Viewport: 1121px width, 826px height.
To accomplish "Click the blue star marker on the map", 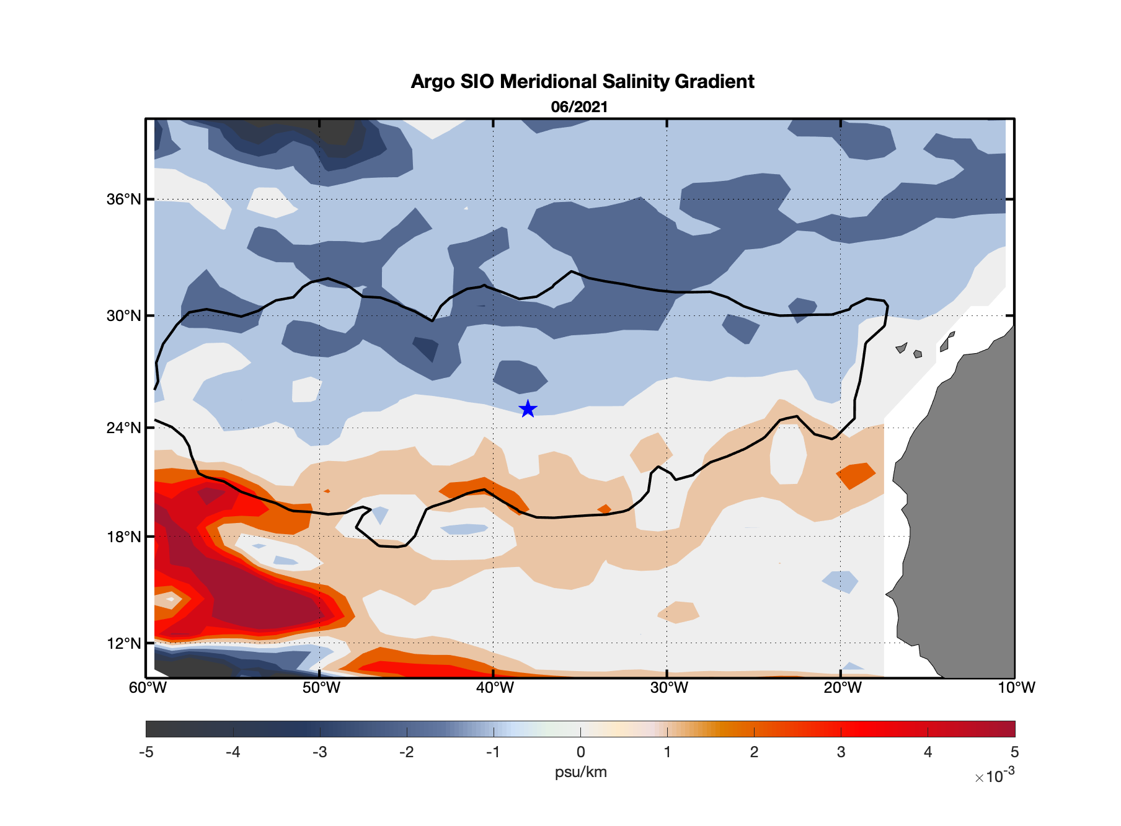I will click(x=528, y=409).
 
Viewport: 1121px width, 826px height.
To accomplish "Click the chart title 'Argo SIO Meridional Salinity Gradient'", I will click(x=582, y=82).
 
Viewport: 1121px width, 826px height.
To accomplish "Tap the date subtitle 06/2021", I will click(x=579, y=107).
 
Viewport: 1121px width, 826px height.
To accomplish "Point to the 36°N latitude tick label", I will click(x=124, y=200).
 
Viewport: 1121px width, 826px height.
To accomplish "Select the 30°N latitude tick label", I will click(x=124, y=316).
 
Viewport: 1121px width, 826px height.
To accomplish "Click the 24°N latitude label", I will click(x=124, y=428).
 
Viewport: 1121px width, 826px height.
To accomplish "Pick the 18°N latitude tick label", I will click(x=124, y=537).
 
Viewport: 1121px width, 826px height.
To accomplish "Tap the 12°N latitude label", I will click(x=124, y=643).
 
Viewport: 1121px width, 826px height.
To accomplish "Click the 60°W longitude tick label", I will click(x=148, y=688).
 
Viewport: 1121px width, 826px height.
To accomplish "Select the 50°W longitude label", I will click(x=321, y=688).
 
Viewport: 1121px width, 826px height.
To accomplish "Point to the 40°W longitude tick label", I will click(x=495, y=688).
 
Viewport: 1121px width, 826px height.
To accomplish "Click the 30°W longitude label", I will click(x=669, y=688).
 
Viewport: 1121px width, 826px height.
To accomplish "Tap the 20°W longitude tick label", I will click(x=843, y=688).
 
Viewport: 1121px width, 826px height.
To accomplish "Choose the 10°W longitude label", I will click(x=1016, y=688).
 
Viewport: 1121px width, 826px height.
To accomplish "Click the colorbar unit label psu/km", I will click(x=580, y=772).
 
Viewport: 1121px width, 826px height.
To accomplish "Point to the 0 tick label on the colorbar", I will click(x=580, y=752).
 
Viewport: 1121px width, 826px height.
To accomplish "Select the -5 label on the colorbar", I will click(x=146, y=752).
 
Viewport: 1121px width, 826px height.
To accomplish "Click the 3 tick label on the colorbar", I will click(x=841, y=752).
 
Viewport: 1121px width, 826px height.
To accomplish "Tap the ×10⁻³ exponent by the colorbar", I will click(x=995, y=776).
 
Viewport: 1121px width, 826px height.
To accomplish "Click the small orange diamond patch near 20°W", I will click(x=856, y=475).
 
